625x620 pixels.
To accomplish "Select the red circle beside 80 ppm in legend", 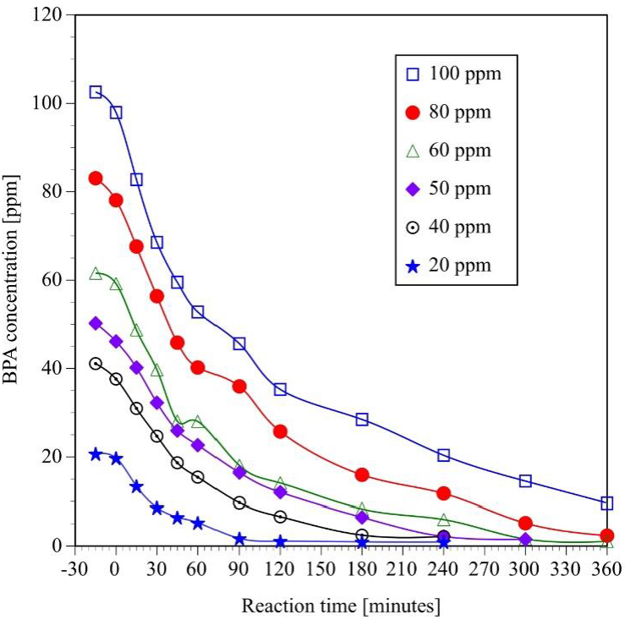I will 413,112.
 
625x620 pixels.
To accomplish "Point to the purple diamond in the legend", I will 413,189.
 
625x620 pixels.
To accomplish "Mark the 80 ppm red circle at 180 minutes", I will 362,475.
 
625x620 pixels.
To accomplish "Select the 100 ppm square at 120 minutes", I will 280,389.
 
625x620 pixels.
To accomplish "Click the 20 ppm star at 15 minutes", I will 136,486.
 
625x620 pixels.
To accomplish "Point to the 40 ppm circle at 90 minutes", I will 239,502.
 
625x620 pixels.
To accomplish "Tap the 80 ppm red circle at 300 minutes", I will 525,524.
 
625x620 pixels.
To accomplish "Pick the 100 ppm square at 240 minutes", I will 444,455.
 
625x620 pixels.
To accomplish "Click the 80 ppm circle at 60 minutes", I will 198,367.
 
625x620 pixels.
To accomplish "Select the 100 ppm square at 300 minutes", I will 525,481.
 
